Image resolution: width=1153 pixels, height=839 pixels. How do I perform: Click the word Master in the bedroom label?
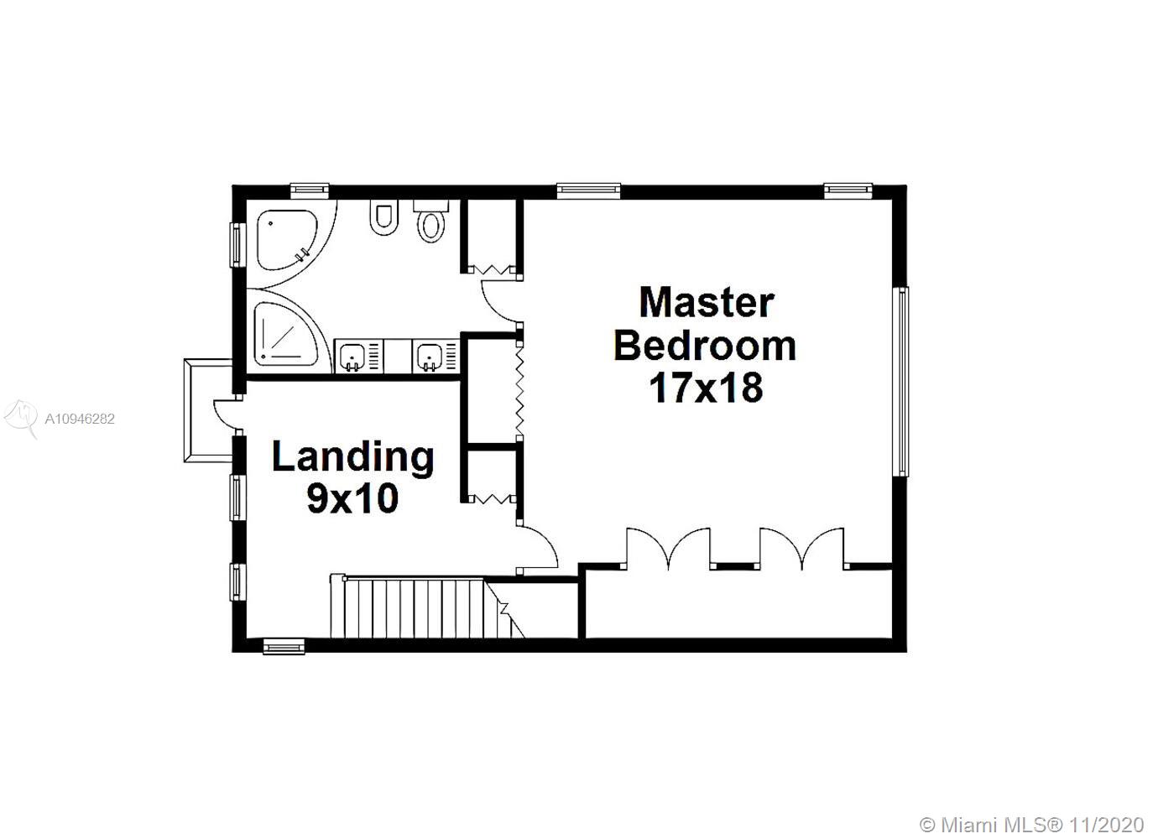coord(707,303)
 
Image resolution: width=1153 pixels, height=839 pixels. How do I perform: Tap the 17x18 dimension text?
coord(707,388)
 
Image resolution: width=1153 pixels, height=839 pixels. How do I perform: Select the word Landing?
coord(353,458)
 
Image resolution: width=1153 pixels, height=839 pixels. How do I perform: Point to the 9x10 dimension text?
coord(352,498)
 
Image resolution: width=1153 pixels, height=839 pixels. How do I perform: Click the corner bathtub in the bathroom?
coord(287,240)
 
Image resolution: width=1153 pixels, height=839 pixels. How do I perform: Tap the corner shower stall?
coord(286,334)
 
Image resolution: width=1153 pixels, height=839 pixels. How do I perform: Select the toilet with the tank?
coord(431,221)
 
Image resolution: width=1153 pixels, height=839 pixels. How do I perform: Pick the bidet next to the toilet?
coord(383,218)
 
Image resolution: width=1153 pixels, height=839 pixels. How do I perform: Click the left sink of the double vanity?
coord(359,355)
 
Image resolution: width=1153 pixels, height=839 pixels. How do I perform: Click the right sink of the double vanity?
coord(435,355)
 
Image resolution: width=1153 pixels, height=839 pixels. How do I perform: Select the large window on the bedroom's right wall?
coord(903,382)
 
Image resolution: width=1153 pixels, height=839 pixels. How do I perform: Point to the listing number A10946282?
coord(80,419)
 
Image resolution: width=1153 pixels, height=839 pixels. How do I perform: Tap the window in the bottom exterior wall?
coord(284,646)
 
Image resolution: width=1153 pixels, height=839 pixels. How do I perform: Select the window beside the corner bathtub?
coord(237,245)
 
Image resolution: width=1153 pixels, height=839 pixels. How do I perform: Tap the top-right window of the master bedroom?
coord(848,190)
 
